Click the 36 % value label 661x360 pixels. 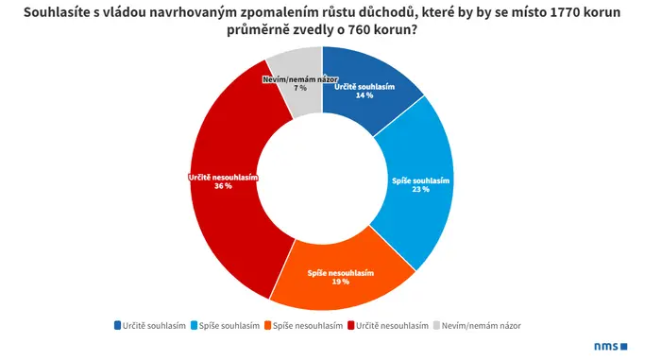223,186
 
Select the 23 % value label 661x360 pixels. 421,189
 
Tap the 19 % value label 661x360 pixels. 341,282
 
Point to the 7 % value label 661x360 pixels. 300,88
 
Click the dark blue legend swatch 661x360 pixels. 118,325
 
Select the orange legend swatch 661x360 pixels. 267,325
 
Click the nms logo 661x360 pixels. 611,347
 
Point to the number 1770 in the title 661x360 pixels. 565,12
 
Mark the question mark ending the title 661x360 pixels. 414,30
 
